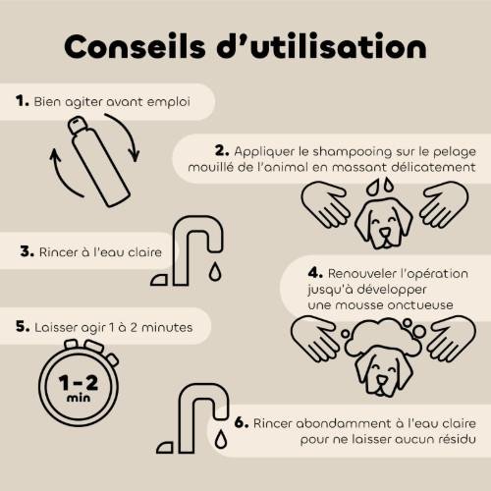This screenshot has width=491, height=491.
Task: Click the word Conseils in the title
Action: tap(135, 46)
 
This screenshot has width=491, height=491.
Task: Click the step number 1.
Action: tap(23, 101)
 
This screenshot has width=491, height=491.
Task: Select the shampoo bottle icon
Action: tap(99, 161)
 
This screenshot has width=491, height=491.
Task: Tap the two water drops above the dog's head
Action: tap(380, 186)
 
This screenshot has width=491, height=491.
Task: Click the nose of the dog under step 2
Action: tap(385, 233)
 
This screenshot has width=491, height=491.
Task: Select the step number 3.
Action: tap(27, 251)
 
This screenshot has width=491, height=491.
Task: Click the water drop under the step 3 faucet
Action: tap(215, 271)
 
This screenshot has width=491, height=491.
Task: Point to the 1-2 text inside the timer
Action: tap(79, 383)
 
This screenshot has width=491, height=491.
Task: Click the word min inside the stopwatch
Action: tap(79, 398)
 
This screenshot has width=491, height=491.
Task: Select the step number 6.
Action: tap(242, 422)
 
